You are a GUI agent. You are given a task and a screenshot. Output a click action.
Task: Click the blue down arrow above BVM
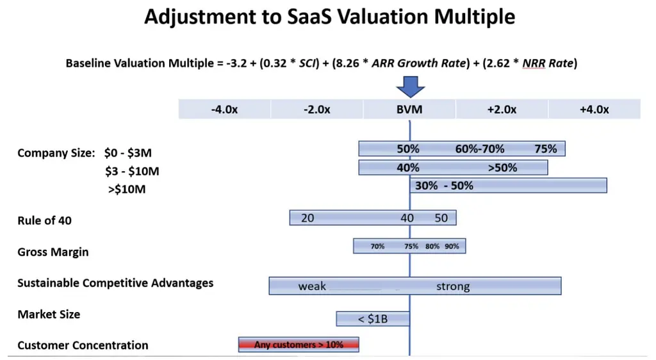point(409,86)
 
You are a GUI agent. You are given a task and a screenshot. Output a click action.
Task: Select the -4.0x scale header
point(224,110)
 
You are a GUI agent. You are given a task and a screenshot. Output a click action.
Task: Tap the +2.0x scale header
point(502,110)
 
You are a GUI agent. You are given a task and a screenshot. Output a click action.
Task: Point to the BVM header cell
point(409,110)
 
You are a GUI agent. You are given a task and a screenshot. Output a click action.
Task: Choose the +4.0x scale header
point(594,110)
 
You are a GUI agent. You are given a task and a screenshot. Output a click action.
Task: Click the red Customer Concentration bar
point(299,345)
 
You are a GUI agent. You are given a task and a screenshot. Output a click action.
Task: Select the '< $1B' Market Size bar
point(373,318)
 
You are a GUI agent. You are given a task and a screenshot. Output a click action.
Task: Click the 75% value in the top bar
point(546,149)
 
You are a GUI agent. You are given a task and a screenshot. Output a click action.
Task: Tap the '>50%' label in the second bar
point(502,168)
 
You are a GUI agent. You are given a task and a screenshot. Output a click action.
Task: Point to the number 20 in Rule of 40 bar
point(307,218)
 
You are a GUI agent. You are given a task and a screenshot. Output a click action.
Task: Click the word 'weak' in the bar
point(312,286)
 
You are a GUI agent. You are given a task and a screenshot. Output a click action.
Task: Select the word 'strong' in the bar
point(453,286)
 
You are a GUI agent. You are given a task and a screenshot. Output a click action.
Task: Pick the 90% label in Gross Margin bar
point(452,246)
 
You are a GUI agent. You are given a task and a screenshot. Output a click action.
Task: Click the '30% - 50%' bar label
point(445,186)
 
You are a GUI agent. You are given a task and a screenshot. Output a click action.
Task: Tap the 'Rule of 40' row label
point(45,221)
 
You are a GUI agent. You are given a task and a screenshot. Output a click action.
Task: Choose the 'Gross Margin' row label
point(53,252)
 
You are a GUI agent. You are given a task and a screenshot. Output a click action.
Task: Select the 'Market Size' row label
point(49,315)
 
